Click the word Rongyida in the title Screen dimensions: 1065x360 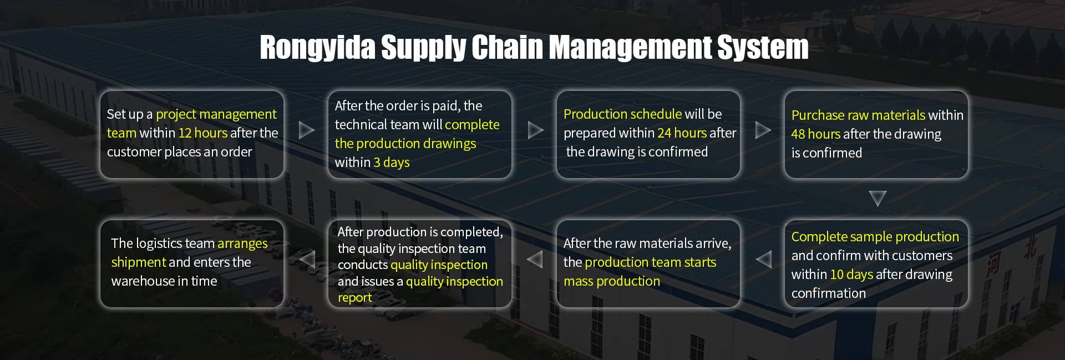(317, 48)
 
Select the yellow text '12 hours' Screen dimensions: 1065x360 (203, 133)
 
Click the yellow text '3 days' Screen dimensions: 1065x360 (392, 163)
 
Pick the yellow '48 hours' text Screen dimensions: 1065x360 (816, 134)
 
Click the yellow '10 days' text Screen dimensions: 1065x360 (851, 275)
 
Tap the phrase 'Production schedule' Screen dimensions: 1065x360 (622, 114)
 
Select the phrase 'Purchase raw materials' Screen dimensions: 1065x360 (858, 115)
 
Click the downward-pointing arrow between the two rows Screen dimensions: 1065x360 (878, 198)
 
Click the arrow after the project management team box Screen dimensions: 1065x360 (306, 130)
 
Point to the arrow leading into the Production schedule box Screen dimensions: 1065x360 (535, 130)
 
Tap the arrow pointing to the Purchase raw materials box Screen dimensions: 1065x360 (763, 130)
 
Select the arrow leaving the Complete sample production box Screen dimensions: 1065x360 (764, 259)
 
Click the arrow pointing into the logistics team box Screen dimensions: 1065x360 (307, 259)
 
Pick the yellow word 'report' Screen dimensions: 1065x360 (355, 298)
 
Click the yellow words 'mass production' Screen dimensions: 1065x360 (612, 281)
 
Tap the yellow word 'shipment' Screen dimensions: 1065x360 (139, 262)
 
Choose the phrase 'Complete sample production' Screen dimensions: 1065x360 (875, 237)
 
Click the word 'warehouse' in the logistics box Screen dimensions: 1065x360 (143, 281)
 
